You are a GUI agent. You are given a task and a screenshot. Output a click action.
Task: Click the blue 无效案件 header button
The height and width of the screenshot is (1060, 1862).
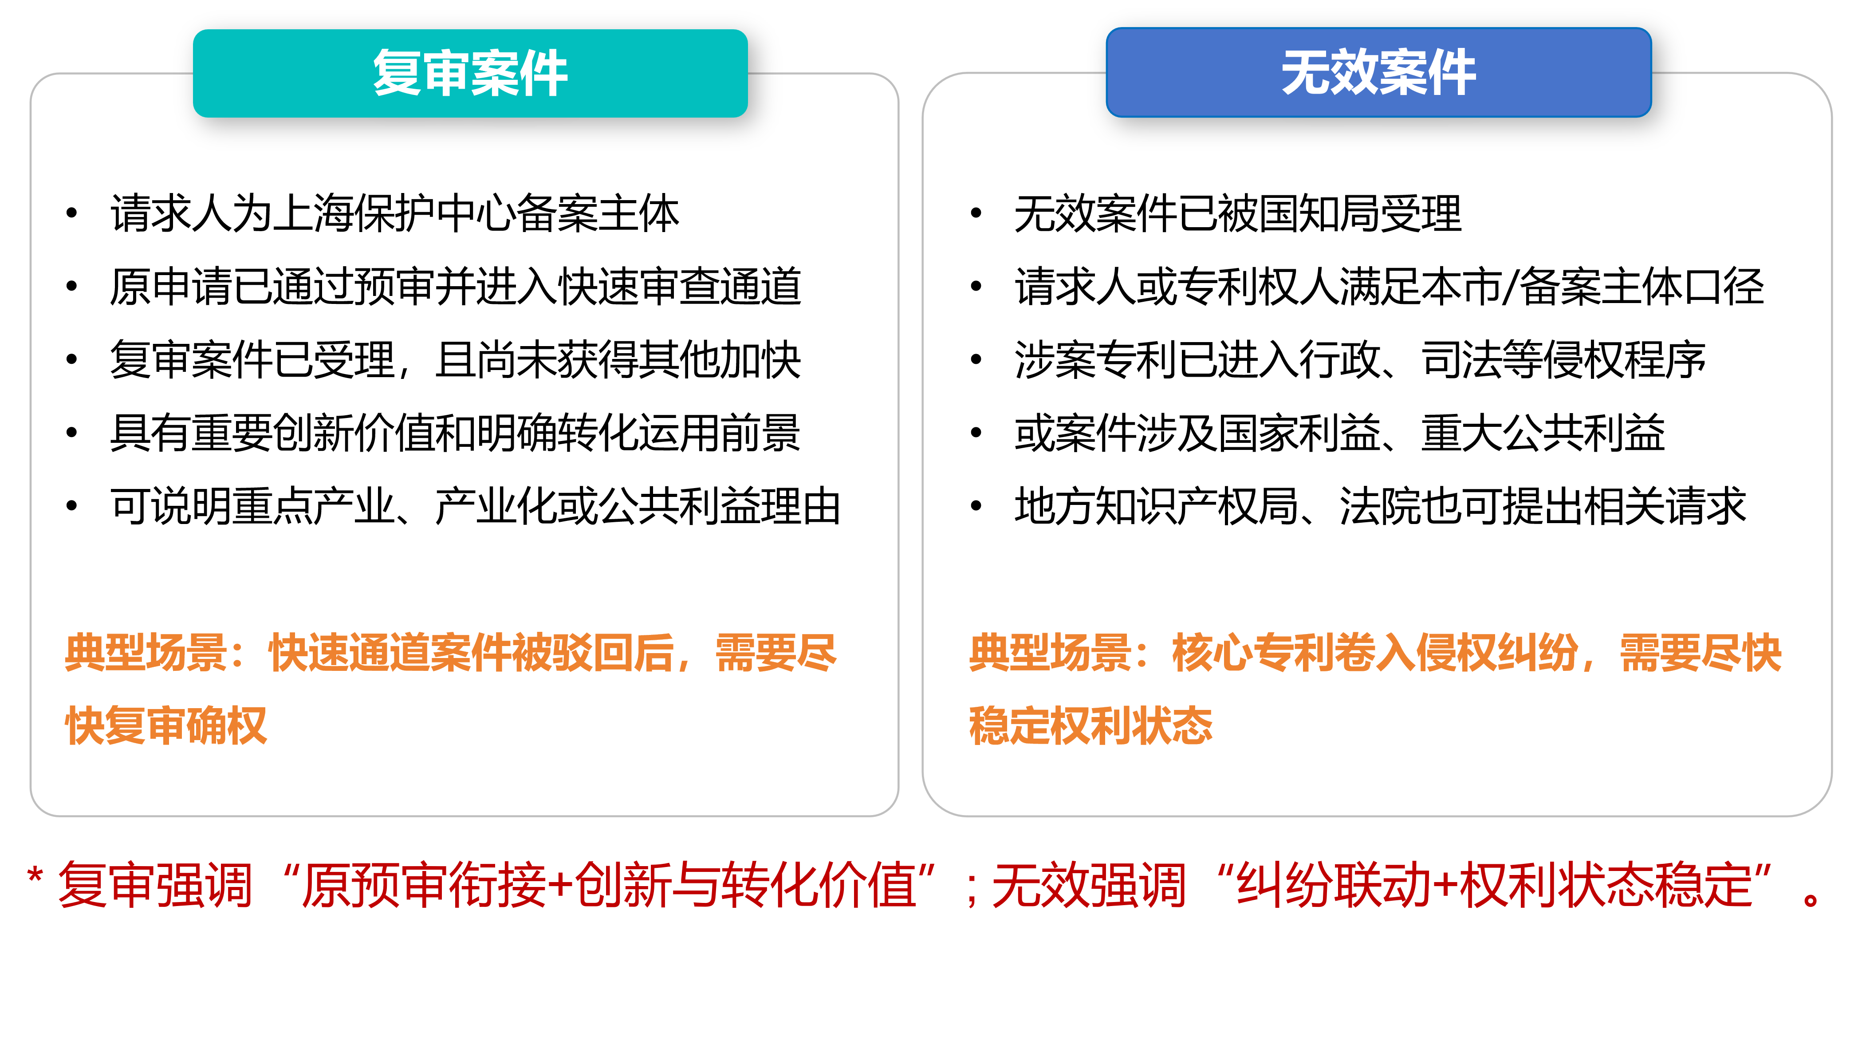coord(1379,72)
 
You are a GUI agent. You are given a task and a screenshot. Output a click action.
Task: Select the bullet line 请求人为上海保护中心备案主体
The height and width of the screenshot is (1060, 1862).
coord(394,213)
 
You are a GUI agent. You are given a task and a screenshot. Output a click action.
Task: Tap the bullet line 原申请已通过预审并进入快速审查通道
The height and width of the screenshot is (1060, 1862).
coord(456,286)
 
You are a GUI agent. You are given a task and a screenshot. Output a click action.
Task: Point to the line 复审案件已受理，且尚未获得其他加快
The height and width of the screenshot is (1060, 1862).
coord(456,360)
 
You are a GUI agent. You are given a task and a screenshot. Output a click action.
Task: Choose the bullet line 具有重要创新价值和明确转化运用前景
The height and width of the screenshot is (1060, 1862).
coord(456,433)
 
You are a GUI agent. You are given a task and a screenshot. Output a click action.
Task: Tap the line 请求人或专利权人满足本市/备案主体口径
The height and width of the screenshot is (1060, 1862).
coord(1390,286)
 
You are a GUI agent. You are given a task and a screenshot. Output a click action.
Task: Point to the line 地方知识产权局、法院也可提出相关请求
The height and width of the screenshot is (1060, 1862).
coord(1381,506)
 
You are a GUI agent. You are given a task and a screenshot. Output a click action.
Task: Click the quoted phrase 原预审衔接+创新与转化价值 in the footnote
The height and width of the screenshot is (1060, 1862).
coord(609,885)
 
